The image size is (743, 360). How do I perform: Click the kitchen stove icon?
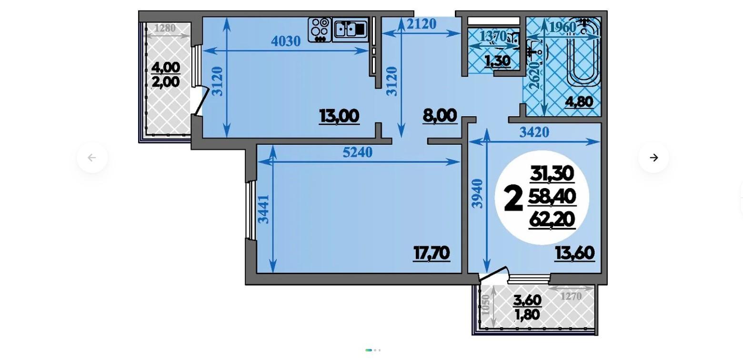pos(320,30)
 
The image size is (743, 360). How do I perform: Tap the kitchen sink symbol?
pos(350,30)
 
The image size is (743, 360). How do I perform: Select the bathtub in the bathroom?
pos(583,52)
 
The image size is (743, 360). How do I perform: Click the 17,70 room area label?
pos(432,254)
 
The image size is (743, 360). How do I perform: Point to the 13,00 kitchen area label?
pos(339,116)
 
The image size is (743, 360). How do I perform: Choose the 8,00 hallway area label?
pos(440,116)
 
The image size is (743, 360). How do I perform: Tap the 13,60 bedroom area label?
pos(575,254)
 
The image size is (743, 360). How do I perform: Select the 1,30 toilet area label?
pos(497,61)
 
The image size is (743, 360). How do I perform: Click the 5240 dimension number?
pos(358,152)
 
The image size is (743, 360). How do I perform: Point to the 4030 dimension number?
pos(286,41)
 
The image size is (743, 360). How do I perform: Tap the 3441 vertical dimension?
pos(264,209)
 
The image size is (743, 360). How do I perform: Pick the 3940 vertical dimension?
pos(477,194)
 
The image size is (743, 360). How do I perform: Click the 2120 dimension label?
pos(421,24)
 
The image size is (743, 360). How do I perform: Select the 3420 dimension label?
pos(534,132)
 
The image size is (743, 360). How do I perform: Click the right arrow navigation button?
pos(653,158)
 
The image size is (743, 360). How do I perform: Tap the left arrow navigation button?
pos(92,158)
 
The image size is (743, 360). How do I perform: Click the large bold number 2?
pos(513,199)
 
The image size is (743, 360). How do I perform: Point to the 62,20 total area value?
pos(552,220)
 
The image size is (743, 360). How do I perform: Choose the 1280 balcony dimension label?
pos(165,29)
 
